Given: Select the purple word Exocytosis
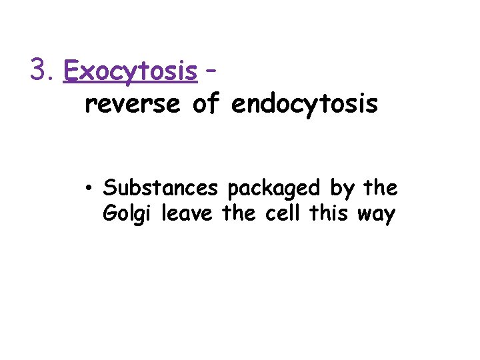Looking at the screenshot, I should [x=131, y=70].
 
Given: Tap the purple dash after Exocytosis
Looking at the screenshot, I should [x=210, y=69].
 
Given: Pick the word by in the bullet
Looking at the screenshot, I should [x=341, y=189].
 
